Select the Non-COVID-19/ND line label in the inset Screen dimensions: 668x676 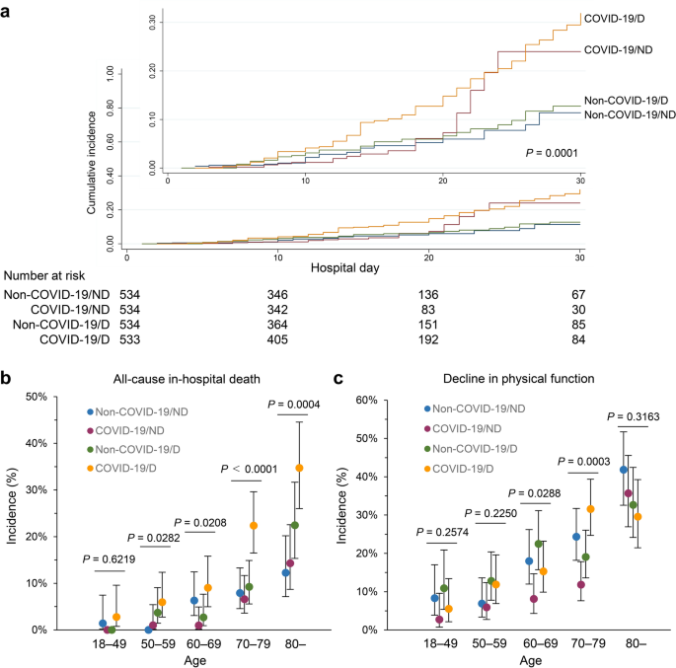624,115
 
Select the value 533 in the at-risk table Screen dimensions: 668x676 130,339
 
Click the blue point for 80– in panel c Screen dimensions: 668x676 624,470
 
